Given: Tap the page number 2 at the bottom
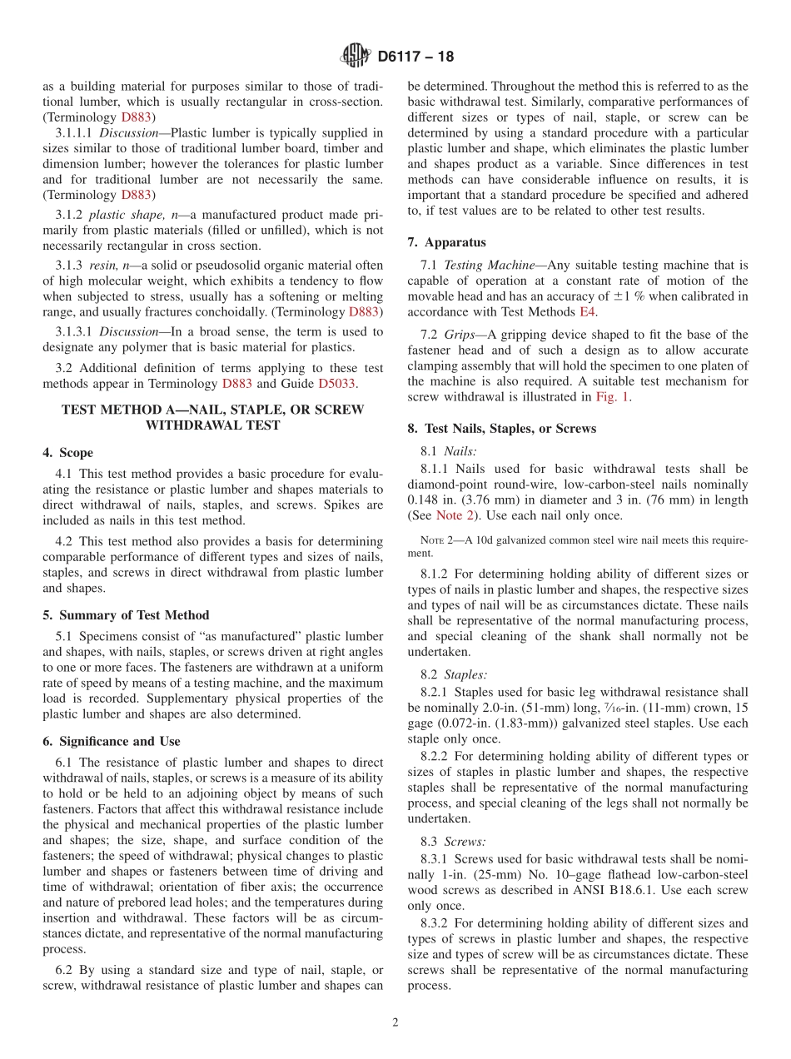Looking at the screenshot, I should coord(395,1022).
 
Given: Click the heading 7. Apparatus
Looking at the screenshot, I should coord(446,242).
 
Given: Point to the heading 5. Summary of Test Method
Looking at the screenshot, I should coord(126,615).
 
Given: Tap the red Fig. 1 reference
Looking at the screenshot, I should coord(612,396).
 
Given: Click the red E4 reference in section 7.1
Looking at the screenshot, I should coord(588,311).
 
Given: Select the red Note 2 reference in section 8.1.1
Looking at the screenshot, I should coord(455,515).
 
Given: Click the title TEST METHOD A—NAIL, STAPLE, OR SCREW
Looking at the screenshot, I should coord(213,410).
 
